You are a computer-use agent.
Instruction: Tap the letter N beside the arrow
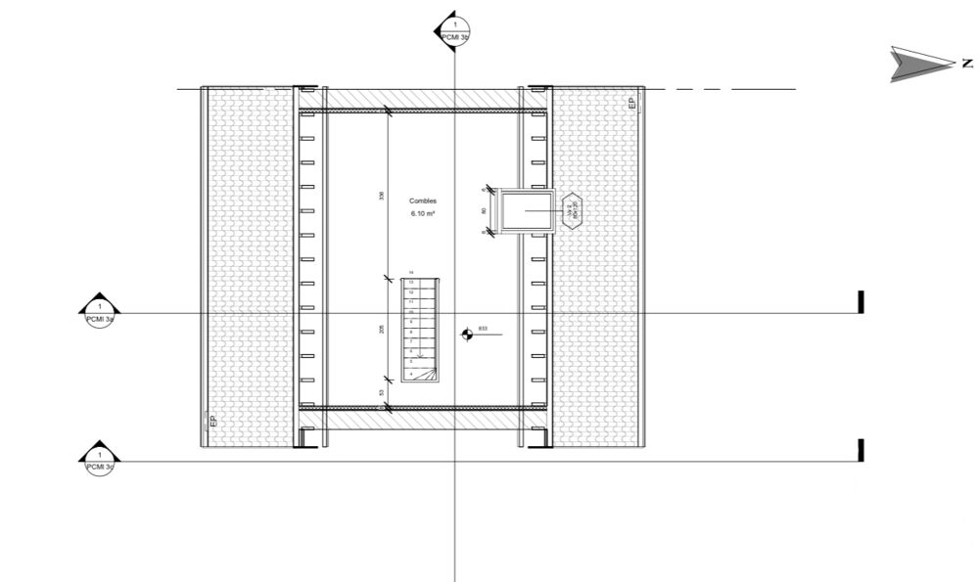[967, 64]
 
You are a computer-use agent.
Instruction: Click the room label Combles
[424, 201]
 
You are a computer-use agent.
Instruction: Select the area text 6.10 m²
[424, 213]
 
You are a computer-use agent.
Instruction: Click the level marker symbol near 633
[467, 335]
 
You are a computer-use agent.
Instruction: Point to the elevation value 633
[483, 330]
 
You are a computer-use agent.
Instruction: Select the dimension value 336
[382, 196]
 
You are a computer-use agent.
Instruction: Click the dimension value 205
[382, 331]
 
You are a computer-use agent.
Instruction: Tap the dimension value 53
[382, 392]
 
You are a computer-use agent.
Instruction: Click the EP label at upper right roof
[632, 101]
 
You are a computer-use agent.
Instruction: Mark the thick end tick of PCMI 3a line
[861, 302]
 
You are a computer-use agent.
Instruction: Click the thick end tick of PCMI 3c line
[861, 450]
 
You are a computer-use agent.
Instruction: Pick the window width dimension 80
[485, 210]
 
